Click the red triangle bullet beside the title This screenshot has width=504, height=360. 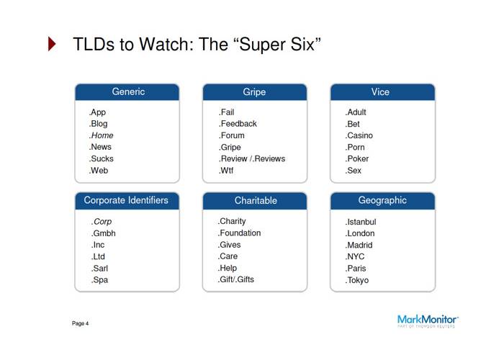coord(52,45)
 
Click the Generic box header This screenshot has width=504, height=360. coord(127,92)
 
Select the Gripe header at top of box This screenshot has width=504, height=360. coord(254,92)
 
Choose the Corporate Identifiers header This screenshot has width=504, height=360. coord(127,200)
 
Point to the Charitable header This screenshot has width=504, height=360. coord(255,200)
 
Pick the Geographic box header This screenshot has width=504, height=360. coord(382,200)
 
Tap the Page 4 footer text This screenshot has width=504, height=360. coord(81,324)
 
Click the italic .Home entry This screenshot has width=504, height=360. coord(102,135)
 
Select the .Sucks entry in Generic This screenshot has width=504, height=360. coord(102,159)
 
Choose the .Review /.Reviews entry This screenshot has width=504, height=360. coord(252,159)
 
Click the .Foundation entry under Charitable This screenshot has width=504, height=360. coord(240,233)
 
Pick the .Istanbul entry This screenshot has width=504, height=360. coord(361,222)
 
